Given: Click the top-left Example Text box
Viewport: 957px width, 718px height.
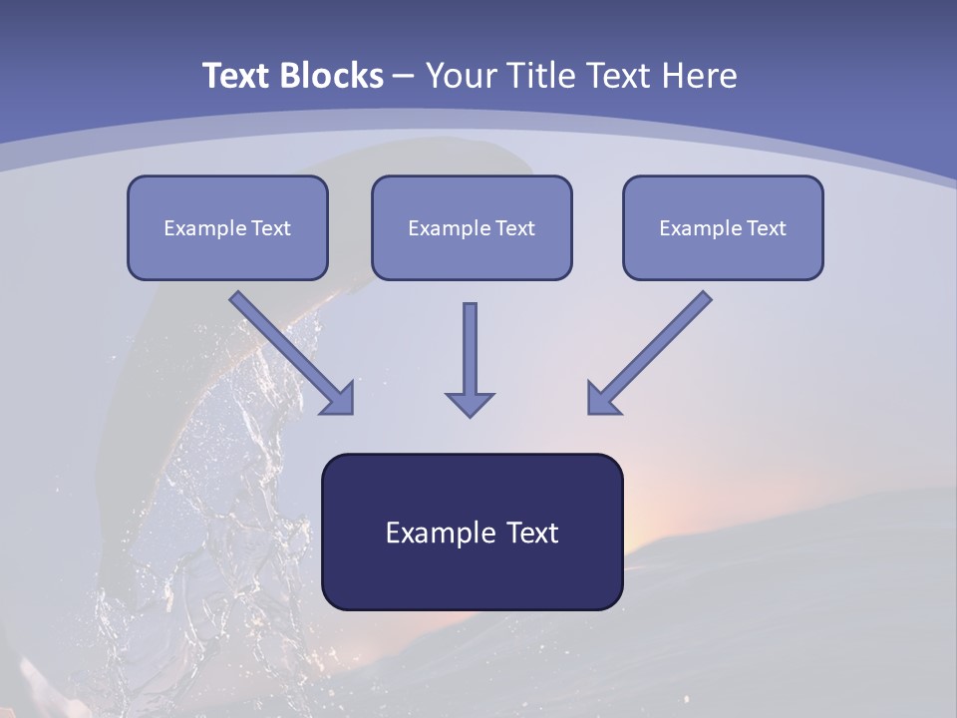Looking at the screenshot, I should (x=227, y=227).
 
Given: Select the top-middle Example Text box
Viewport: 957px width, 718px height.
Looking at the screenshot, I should (x=472, y=227).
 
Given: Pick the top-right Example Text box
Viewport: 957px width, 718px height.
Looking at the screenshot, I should (x=723, y=227).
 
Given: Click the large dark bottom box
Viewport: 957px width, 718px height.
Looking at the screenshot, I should (x=472, y=532).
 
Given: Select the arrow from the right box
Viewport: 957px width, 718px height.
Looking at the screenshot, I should (x=653, y=349).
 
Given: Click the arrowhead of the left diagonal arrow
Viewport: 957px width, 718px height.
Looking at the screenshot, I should (x=339, y=399).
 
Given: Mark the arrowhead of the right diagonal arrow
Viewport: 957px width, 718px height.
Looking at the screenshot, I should (x=602, y=399).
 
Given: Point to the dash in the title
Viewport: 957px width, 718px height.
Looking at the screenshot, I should (x=404, y=77).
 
